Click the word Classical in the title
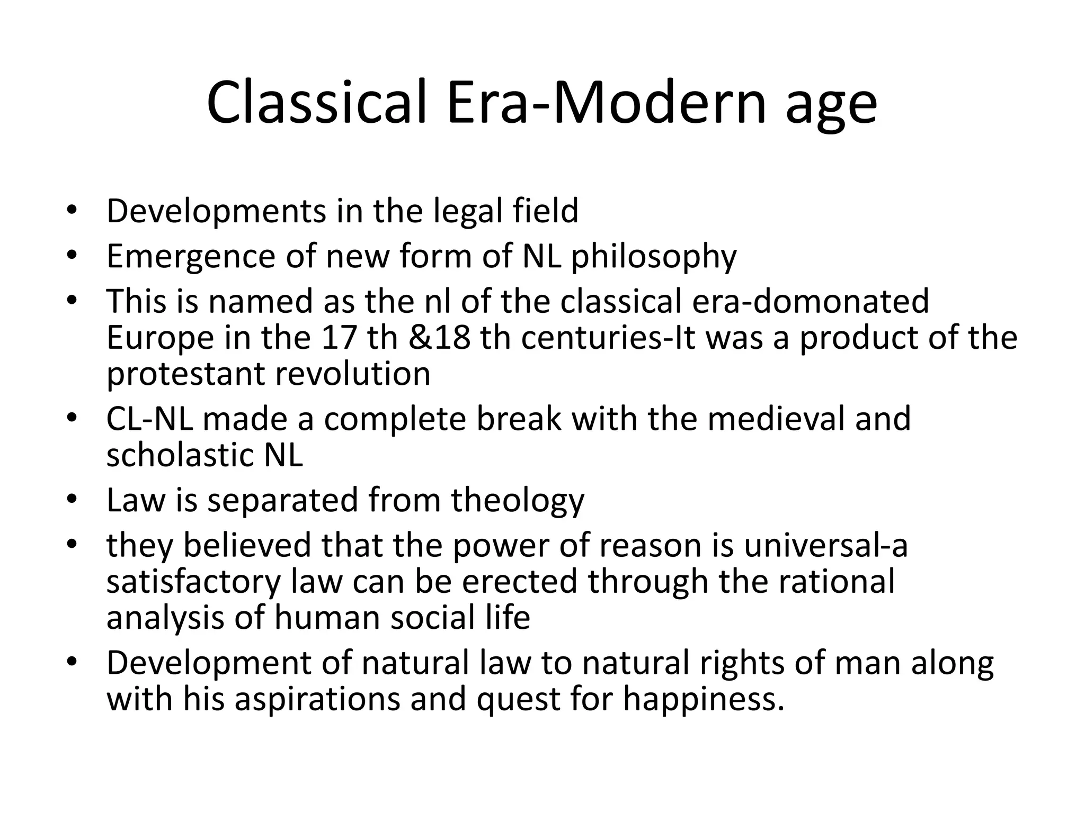(316, 103)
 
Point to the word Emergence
(191, 257)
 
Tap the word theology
(517, 501)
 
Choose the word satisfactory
(193, 582)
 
